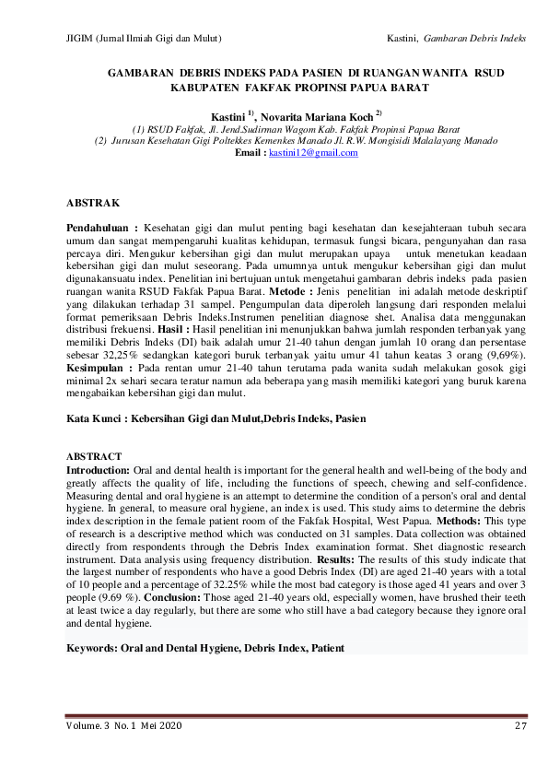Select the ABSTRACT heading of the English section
tap(95, 456)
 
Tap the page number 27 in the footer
tap(520, 727)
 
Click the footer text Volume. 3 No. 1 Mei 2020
tap(123, 727)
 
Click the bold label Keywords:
tap(91, 649)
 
